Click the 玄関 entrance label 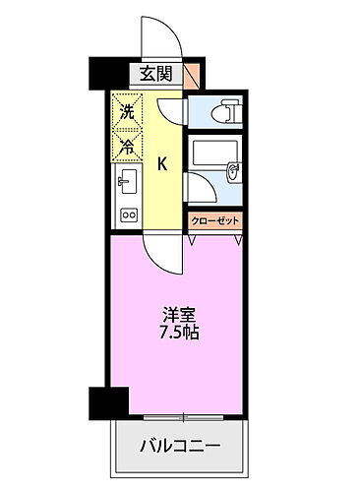(x=154, y=74)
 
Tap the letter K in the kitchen (x=164, y=163)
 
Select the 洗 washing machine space (x=126, y=112)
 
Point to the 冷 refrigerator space (x=126, y=147)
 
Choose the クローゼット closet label (x=214, y=221)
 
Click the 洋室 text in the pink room (x=179, y=315)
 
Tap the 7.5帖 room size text (x=179, y=333)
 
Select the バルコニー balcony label (x=179, y=446)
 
